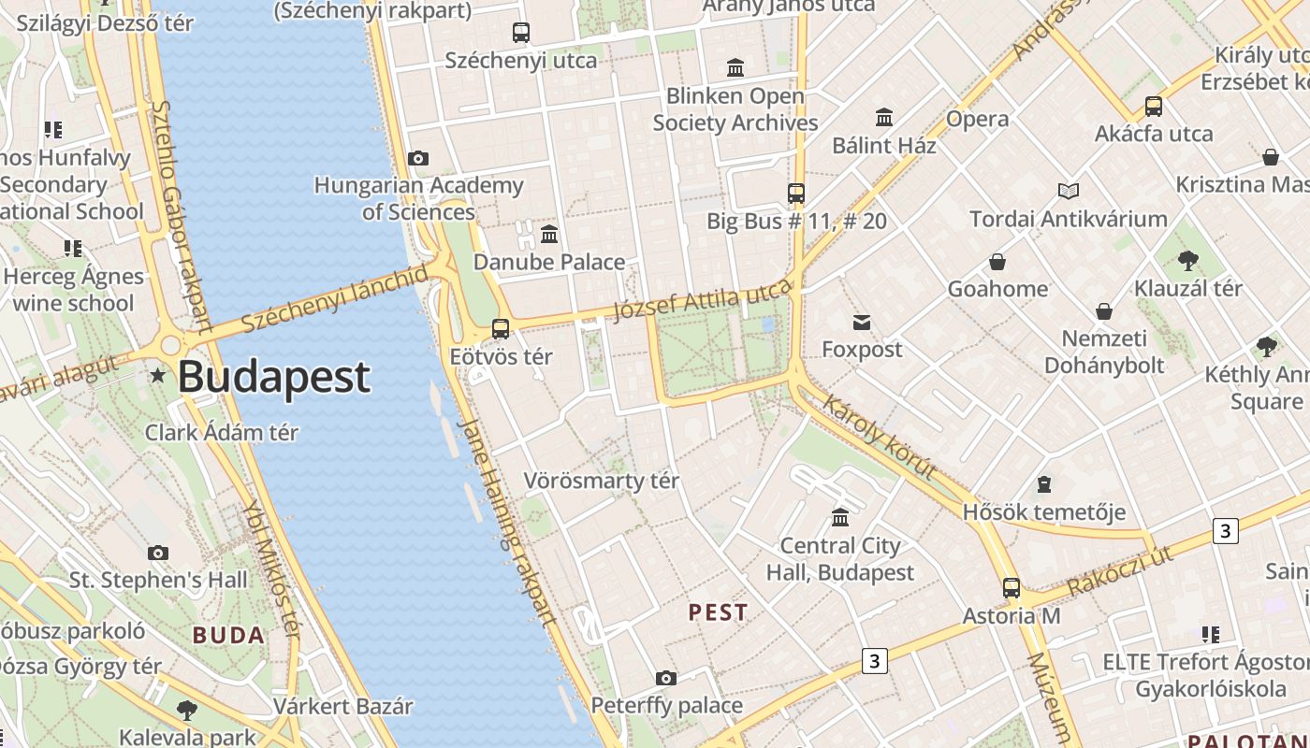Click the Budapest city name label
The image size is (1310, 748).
273,377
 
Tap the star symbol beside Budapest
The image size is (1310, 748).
158,376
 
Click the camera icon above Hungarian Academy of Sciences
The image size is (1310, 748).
418,158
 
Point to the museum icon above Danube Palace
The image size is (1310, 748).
549,234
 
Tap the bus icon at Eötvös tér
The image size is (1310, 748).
501,329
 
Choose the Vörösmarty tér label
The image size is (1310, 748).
601,482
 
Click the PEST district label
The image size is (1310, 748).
719,612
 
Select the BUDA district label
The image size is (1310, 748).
228,636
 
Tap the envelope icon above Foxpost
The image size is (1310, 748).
862,323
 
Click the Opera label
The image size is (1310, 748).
977,119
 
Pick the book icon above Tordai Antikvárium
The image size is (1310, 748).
1069,192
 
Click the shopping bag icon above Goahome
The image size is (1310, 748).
997,262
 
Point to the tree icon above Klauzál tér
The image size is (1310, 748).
1188,261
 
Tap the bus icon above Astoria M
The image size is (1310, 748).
1012,588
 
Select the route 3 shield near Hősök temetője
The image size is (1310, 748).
1225,531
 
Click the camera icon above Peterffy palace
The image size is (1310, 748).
666,678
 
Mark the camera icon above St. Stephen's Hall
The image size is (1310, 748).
158,554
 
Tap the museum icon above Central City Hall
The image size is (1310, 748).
840,518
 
